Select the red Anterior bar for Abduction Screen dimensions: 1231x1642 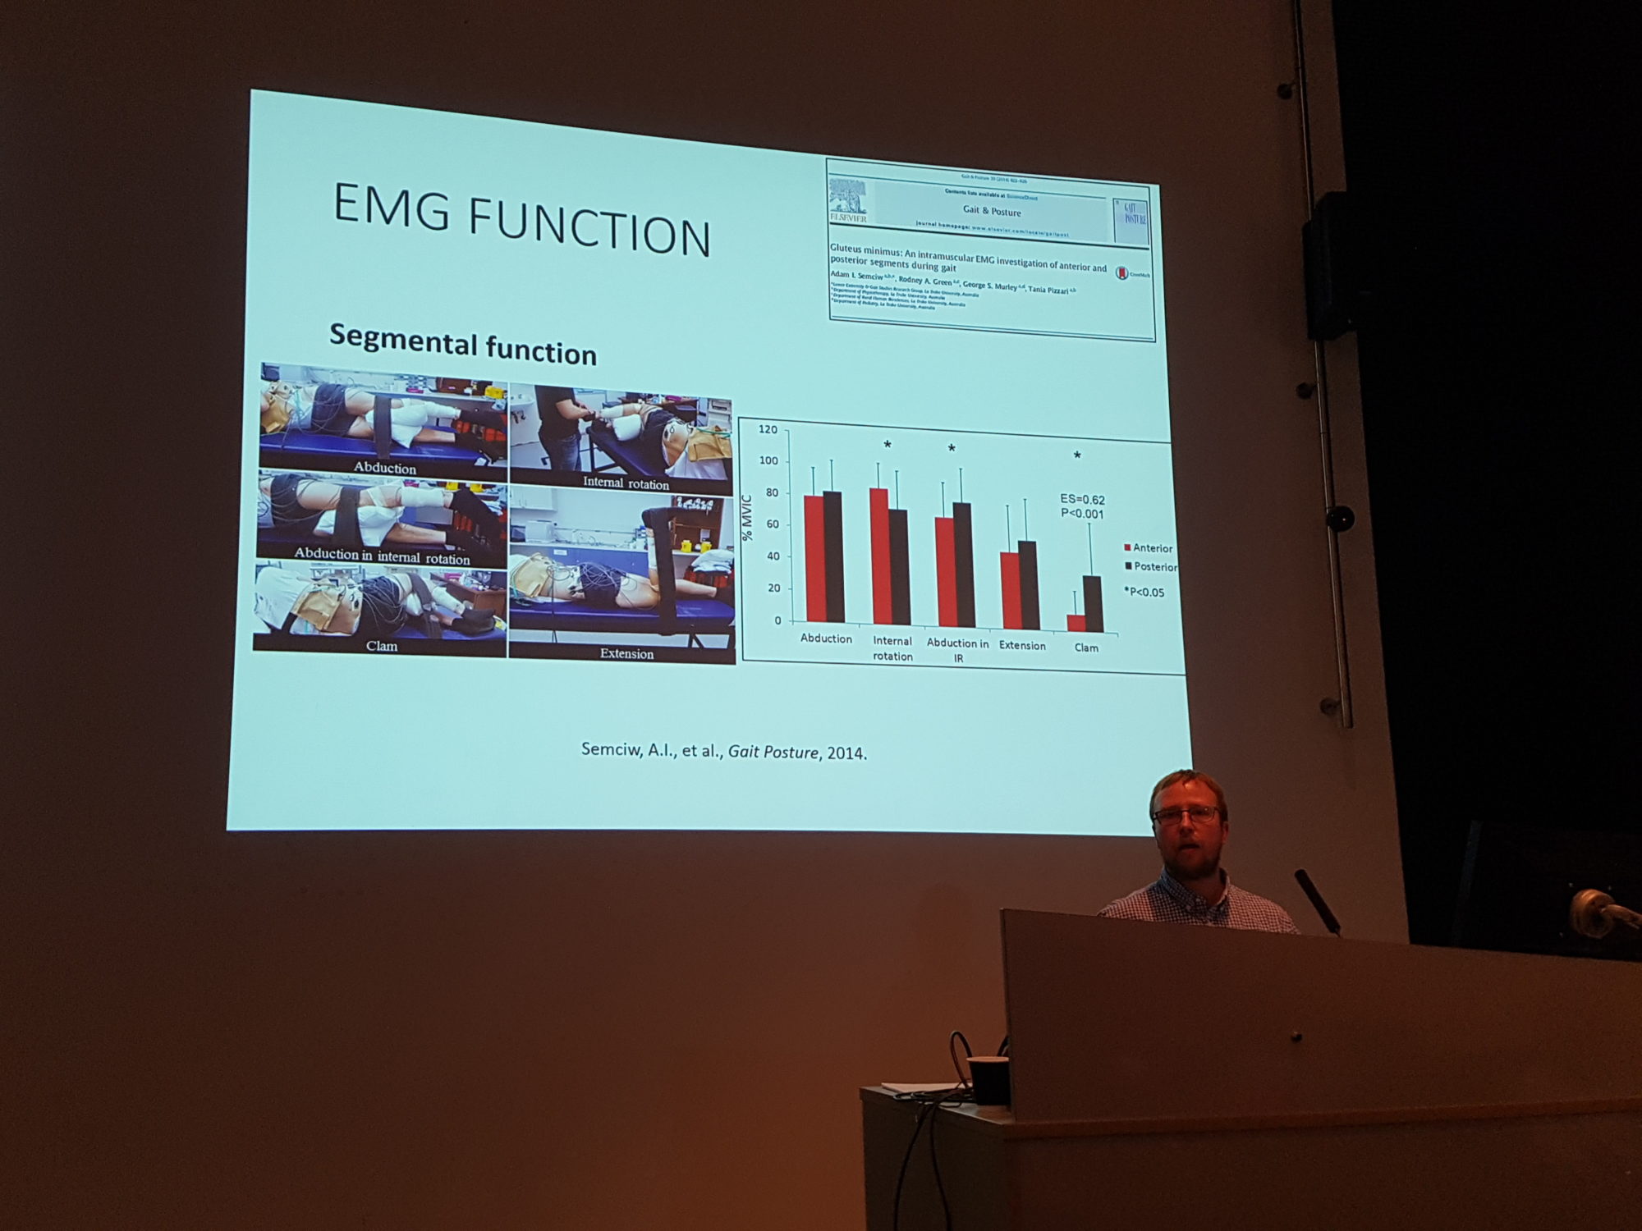[x=814, y=558]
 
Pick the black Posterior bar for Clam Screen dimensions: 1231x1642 [x=1093, y=604]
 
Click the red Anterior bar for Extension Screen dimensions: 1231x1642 [x=1009, y=590]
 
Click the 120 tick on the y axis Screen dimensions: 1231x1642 [x=768, y=429]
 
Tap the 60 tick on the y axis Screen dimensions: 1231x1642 [x=772, y=524]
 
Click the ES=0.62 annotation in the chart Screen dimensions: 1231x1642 [x=1082, y=499]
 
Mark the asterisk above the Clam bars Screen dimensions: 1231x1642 [x=1077, y=455]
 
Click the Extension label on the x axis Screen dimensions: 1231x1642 [x=1022, y=646]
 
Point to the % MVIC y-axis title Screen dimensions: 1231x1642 [x=747, y=518]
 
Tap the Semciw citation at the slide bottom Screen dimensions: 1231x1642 [x=723, y=751]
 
